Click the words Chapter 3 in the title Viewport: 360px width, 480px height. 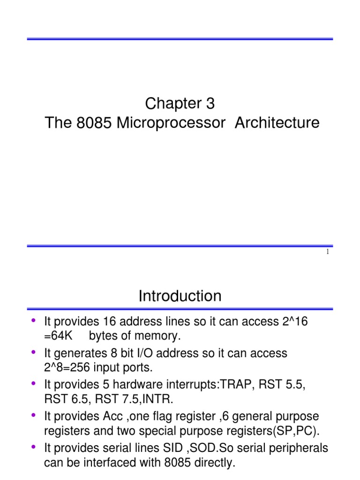click(180, 103)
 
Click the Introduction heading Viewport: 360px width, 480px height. click(180, 296)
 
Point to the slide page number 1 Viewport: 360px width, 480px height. click(328, 253)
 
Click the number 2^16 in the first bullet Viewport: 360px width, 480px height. click(299, 322)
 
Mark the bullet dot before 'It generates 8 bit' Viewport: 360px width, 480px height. click(33, 351)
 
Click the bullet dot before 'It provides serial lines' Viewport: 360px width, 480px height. click(33, 446)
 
